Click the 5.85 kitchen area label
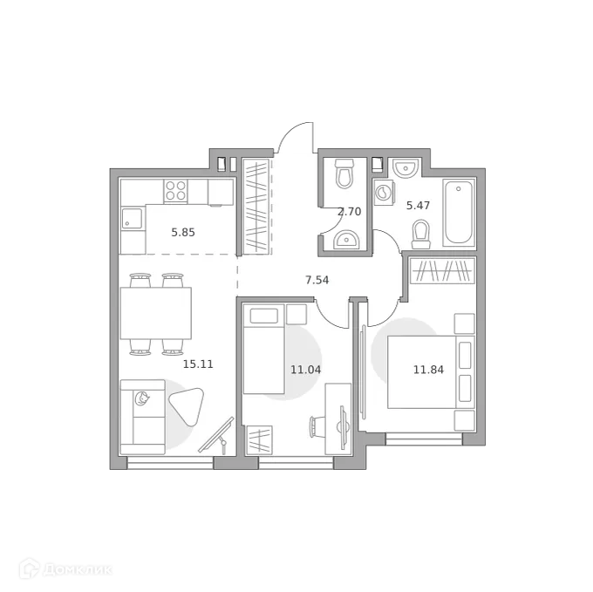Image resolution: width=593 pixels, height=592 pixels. [183, 233]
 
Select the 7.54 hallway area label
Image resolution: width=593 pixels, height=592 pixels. [317, 280]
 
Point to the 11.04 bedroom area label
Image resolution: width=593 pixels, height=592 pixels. [305, 369]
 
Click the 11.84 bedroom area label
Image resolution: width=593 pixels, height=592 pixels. [427, 369]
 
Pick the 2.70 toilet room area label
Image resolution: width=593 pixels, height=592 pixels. [349, 211]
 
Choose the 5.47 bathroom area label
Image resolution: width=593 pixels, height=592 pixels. [419, 206]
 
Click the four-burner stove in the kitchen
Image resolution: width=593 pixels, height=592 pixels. [176, 190]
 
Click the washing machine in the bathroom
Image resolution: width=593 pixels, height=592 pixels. [385, 193]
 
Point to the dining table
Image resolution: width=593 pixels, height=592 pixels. [155, 314]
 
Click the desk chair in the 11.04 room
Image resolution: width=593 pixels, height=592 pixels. [317, 426]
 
